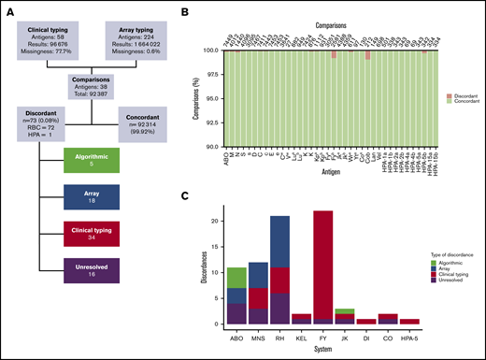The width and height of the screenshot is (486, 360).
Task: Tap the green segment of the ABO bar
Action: point(237,277)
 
